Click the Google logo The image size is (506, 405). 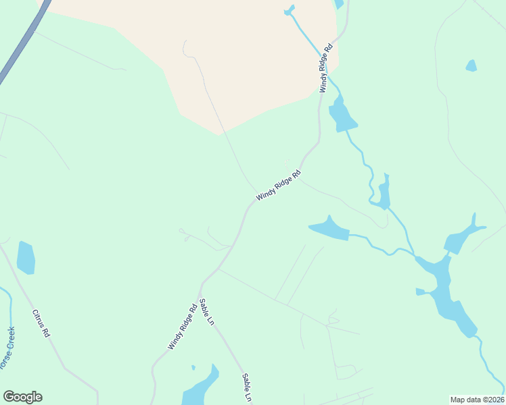click(x=22, y=397)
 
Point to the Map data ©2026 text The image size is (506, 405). click(x=477, y=400)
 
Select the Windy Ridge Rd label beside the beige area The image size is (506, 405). click(x=327, y=67)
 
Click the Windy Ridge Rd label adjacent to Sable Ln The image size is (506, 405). click(x=182, y=326)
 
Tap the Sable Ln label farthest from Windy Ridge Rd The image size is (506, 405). click(x=247, y=388)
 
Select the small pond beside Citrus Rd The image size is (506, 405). click(x=26, y=258)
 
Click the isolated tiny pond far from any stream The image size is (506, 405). click(x=471, y=65)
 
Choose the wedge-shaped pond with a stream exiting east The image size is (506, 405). click(x=329, y=230)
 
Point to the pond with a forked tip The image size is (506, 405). click(x=462, y=236)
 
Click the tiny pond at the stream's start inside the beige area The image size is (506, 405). click(x=290, y=11)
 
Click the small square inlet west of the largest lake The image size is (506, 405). click(x=420, y=292)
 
